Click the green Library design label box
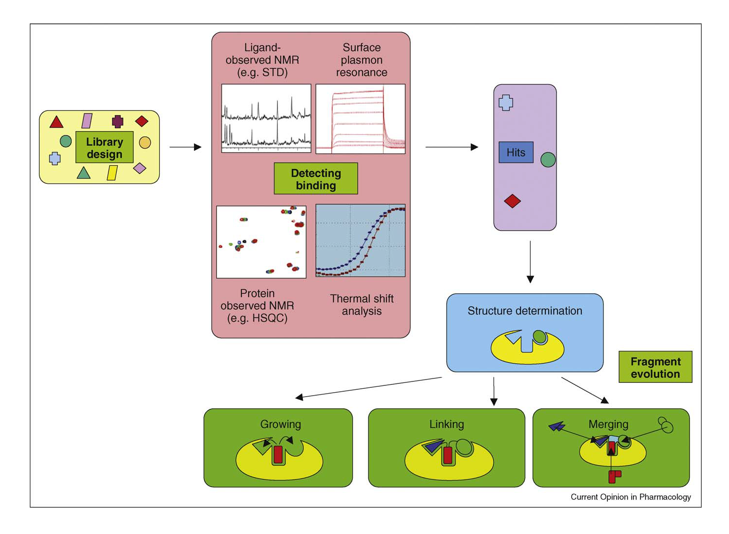click(104, 147)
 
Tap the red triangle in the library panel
click(57, 123)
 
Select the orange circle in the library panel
click(145, 142)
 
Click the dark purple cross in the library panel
click(117, 121)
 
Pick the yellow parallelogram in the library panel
click(112, 173)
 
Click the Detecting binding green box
click(316, 179)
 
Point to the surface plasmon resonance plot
click(360, 119)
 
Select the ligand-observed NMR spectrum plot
click(266, 118)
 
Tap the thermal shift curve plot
click(360, 241)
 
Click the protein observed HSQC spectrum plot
click(261, 242)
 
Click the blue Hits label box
click(515, 153)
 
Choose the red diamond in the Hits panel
click(512, 201)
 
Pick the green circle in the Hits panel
click(548, 159)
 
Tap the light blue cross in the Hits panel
click(506, 103)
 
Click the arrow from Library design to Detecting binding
click(185, 147)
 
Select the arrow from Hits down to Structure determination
click(530, 262)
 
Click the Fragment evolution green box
click(655, 367)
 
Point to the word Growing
click(280, 424)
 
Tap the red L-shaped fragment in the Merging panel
click(614, 475)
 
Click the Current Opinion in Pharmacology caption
click(630, 497)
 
